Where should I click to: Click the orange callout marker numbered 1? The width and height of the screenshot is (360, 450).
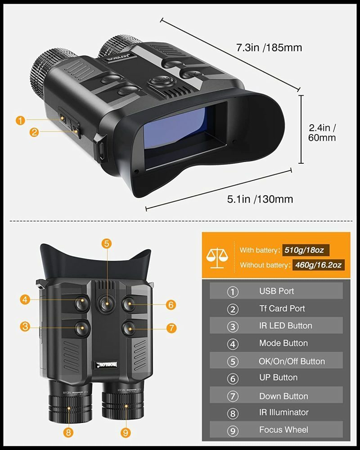click(x=20, y=120)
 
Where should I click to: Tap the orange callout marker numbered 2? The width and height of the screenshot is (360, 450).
click(x=33, y=132)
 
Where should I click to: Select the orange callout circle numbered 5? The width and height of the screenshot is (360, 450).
click(x=106, y=243)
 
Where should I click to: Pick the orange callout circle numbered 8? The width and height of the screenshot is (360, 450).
click(x=68, y=432)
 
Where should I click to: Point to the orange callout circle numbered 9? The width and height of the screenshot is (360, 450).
click(x=125, y=432)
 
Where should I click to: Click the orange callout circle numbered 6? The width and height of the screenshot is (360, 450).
click(x=170, y=305)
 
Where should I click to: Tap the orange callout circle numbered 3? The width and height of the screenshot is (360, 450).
click(x=25, y=327)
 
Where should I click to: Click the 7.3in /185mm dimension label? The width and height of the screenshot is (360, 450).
click(x=269, y=47)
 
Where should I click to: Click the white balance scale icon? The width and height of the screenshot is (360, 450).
click(x=217, y=256)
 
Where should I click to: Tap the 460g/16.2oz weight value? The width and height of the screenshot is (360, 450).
click(x=318, y=265)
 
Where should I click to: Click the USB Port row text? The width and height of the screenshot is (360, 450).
click(x=276, y=291)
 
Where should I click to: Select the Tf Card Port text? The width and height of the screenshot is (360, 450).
click(x=282, y=309)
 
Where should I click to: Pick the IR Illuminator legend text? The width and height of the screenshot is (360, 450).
click(x=283, y=412)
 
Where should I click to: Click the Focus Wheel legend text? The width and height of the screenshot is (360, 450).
click(x=283, y=430)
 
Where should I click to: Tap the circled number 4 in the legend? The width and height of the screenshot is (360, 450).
click(x=232, y=344)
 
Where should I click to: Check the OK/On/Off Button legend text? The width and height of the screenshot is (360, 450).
click(x=292, y=361)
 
